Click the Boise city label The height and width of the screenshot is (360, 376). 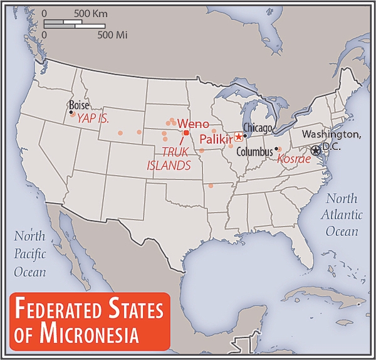[79, 105]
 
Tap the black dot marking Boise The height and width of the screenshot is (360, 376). [71, 112]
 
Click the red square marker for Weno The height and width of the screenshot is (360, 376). [186, 132]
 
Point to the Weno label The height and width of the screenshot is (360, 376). [194, 123]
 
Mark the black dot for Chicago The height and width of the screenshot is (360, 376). [245, 135]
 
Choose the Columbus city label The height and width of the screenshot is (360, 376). [254, 151]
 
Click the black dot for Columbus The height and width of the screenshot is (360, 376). [276, 149]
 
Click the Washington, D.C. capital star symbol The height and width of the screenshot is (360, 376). [315, 149]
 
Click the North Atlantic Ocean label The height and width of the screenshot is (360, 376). [343, 215]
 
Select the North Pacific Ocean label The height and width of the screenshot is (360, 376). [31, 254]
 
